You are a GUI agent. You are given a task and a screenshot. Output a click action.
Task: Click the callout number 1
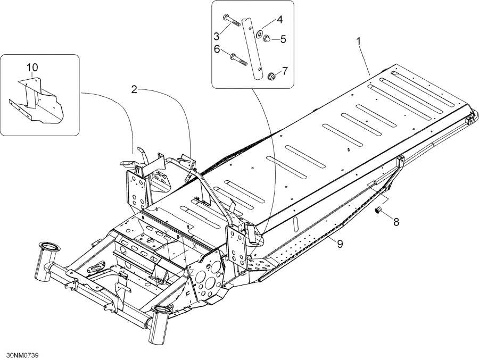360,41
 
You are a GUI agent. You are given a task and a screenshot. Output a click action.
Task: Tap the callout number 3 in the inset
217,36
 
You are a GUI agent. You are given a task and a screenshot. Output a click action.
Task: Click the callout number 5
283,39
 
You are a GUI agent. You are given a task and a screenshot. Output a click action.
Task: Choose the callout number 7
284,70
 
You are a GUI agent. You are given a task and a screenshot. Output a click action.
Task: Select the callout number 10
32,68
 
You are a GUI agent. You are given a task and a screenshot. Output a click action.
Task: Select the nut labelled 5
268,38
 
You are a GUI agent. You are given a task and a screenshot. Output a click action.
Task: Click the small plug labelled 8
380,211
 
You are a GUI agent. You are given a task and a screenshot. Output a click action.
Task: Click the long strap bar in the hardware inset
252,48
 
